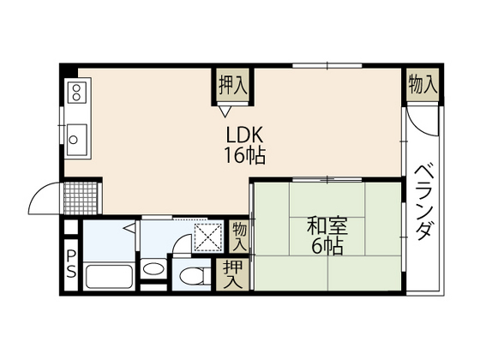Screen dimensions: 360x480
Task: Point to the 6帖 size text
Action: click(x=327, y=247)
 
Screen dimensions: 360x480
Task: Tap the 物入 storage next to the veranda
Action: click(x=422, y=85)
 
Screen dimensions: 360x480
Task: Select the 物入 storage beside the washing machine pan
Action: click(x=238, y=235)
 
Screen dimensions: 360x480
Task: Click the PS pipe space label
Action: click(x=70, y=265)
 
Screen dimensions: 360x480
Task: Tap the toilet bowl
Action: click(x=195, y=276)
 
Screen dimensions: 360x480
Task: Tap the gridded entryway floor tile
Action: click(x=82, y=197)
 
